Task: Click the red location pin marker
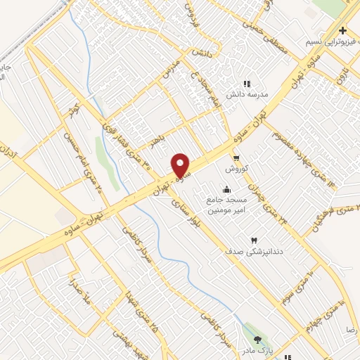(181, 165)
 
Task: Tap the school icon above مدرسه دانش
(247, 84)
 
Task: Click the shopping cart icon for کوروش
(237, 158)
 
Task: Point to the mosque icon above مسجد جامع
(227, 189)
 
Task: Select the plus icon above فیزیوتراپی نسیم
(342, 31)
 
